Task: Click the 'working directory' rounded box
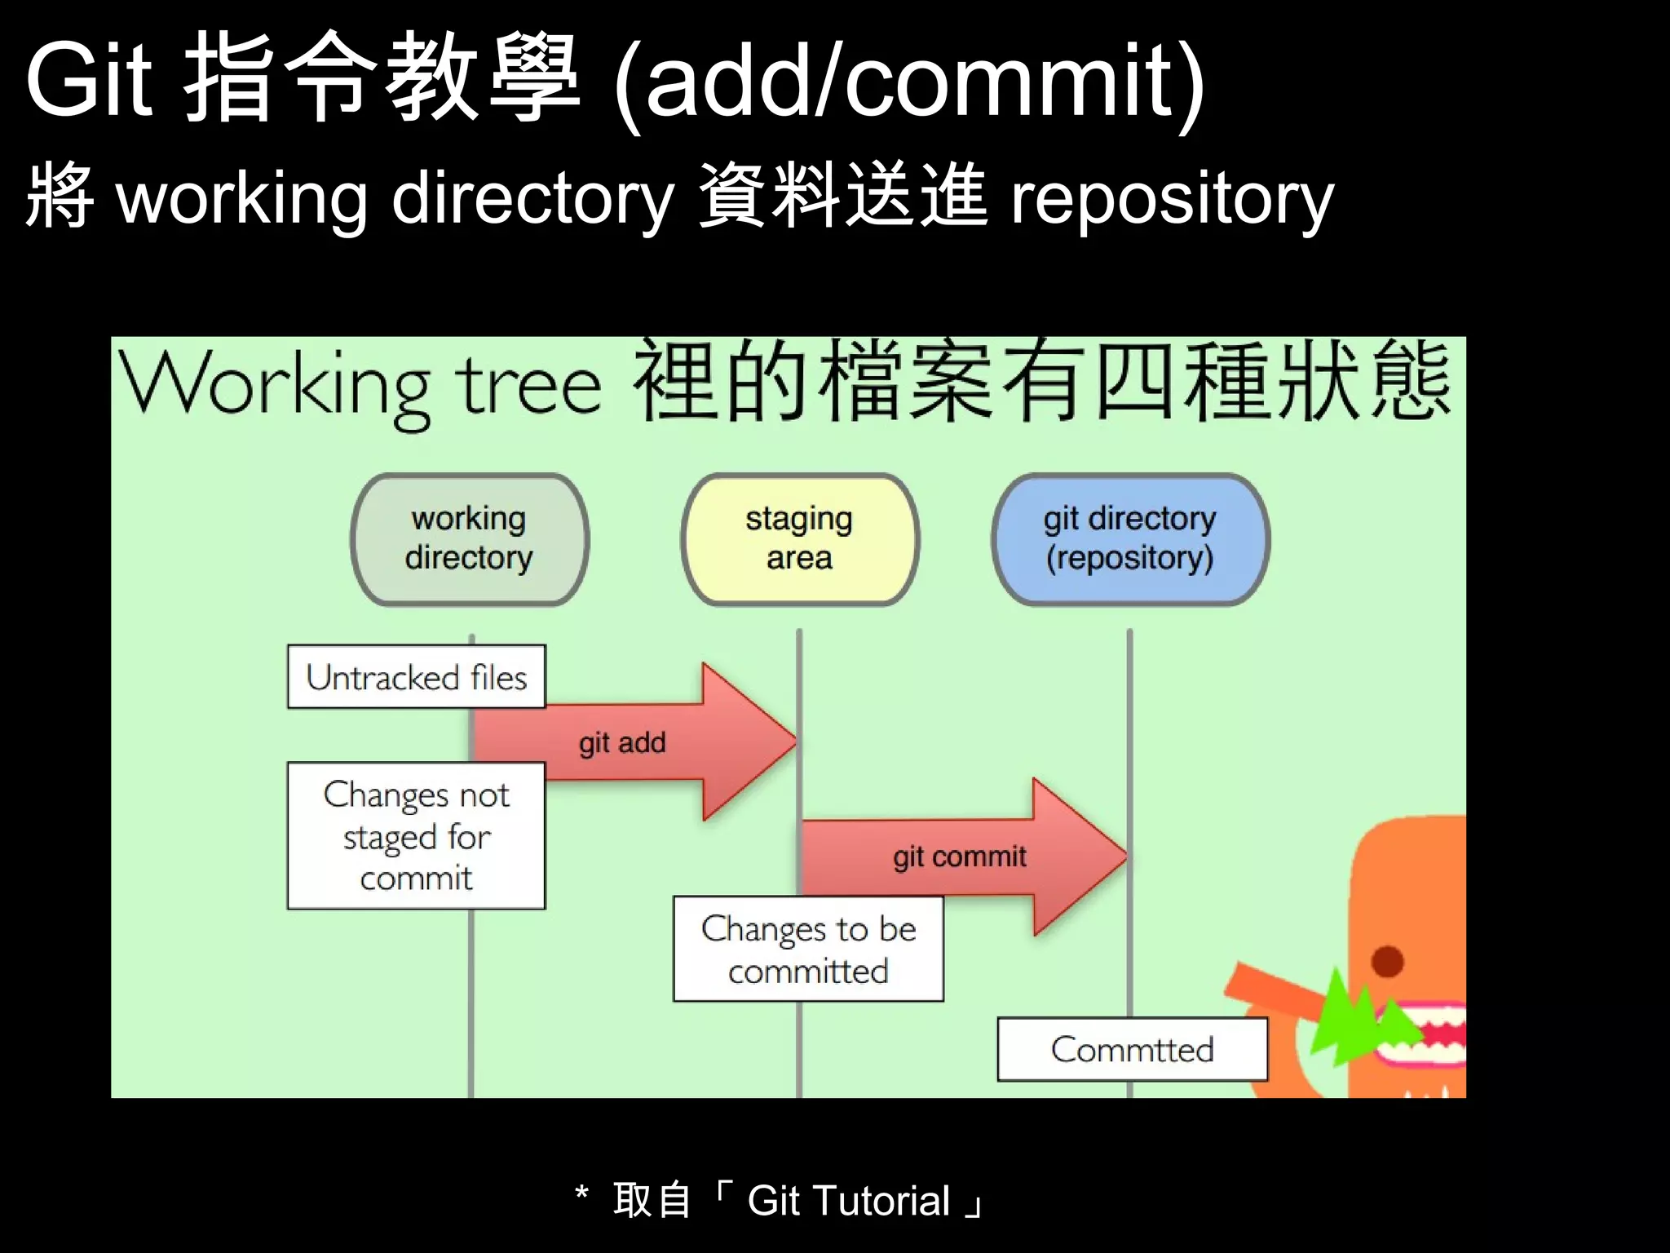(x=469, y=539)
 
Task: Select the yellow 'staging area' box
(x=799, y=539)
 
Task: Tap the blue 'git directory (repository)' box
(x=1130, y=539)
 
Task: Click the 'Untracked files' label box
(x=416, y=677)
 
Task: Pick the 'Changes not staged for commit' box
(x=416, y=836)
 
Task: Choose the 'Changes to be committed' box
(x=808, y=950)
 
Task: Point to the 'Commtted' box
(x=1132, y=1050)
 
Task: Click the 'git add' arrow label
(x=622, y=743)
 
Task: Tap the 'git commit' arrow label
(x=959, y=857)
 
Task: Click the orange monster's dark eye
(x=1387, y=961)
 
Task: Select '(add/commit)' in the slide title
(x=908, y=82)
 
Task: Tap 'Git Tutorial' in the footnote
(x=848, y=1201)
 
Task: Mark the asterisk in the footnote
(x=581, y=1193)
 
